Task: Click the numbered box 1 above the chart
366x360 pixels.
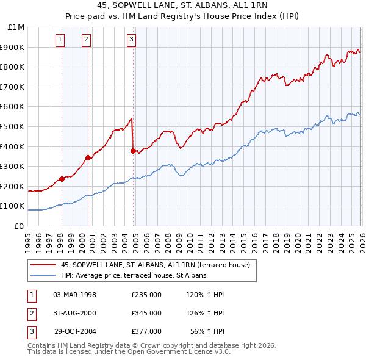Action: pos(61,40)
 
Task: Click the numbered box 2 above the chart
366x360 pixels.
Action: pos(87,40)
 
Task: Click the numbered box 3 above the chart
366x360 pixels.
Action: pos(132,40)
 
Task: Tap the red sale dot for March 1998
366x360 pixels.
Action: pos(62,179)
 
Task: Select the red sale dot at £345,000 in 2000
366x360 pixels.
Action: pos(88,157)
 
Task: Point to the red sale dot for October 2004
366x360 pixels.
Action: pos(134,151)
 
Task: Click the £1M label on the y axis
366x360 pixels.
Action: pos(16,27)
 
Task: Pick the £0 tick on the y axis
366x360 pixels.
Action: pos(19,226)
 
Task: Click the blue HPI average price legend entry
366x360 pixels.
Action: pos(134,275)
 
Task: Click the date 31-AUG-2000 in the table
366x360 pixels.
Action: pos(74,313)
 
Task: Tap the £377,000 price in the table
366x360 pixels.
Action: pos(146,331)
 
